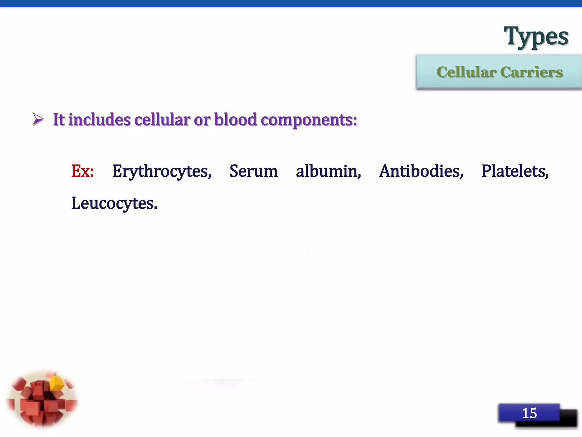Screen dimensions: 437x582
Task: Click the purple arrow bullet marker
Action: point(38,119)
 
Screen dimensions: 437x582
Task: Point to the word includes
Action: point(99,119)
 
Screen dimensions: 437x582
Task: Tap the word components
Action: point(309,120)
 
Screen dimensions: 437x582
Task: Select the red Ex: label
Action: point(82,171)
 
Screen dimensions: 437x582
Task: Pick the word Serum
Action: point(253,171)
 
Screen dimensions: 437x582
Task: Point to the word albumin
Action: point(328,171)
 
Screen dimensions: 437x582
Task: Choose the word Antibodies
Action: point(421,171)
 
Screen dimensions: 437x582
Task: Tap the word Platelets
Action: point(515,171)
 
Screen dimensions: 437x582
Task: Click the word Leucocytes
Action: point(114,204)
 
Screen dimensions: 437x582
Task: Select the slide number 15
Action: point(529,413)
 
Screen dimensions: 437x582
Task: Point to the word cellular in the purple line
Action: point(162,119)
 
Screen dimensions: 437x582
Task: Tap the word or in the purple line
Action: point(202,120)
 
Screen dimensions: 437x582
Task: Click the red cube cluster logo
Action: point(42,400)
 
